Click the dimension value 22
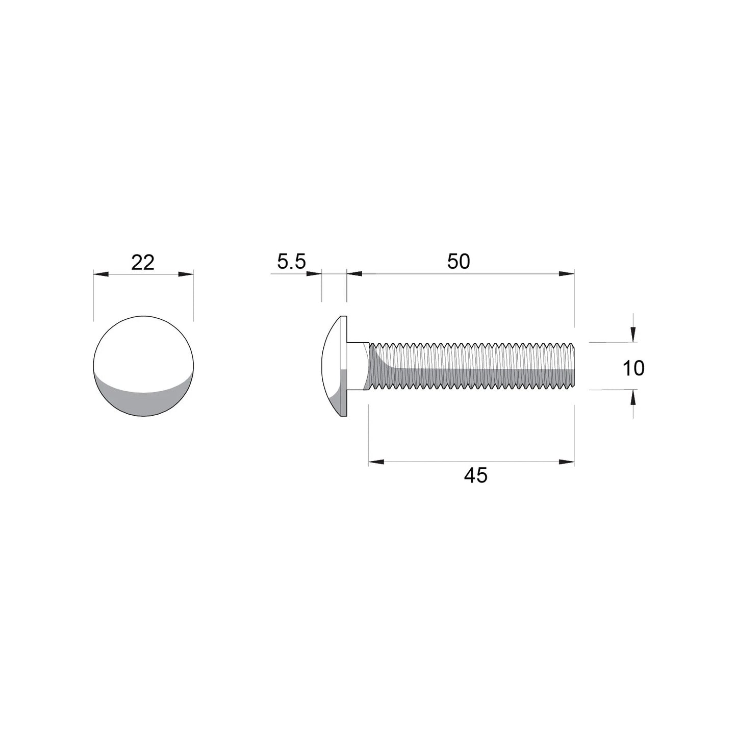tap(142, 263)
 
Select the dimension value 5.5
tap(291, 262)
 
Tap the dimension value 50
tap(458, 262)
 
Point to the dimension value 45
tap(475, 475)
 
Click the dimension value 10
tap(633, 368)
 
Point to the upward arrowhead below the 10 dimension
tap(633, 396)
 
